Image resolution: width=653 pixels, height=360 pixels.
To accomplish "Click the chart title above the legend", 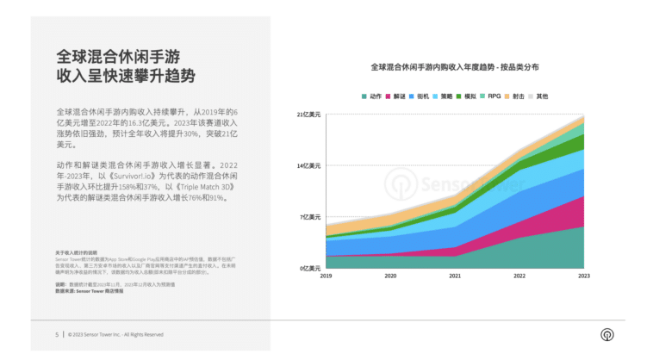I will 455,66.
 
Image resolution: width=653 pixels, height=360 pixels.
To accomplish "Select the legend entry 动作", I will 372,96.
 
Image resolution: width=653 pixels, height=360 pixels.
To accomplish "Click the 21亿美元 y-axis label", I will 309,114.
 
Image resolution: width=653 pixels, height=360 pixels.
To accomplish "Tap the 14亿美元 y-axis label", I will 309,165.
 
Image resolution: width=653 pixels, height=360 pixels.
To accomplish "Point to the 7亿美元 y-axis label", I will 311,217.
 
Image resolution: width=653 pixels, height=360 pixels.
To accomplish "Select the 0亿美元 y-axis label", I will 311,268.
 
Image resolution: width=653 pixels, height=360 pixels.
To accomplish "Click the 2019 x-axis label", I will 326,276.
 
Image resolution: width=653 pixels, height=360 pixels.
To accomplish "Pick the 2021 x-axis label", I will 455,276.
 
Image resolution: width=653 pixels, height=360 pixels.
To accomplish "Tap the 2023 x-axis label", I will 583,276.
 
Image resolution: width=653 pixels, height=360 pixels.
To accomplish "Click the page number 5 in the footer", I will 57,334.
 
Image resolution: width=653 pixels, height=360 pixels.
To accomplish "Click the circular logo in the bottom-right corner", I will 606,334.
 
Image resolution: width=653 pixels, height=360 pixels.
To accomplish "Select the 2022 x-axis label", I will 519,276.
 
